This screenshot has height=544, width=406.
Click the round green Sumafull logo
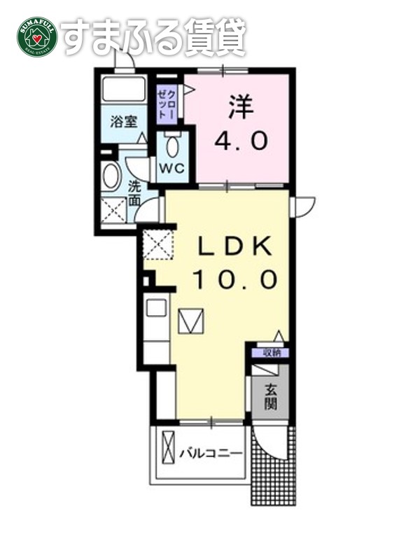click(36, 37)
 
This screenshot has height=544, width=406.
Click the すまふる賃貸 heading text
click(154, 36)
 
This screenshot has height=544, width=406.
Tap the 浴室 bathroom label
click(125, 121)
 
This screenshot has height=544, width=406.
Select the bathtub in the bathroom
click(124, 90)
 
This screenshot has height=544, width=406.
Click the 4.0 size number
click(240, 142)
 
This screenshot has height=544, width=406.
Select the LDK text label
click(234, 247)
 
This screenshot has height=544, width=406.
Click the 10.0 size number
click(234, 280)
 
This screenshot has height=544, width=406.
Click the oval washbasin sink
click(111, 176)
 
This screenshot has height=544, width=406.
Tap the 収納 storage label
click(271, 353)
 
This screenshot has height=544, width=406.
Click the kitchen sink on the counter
click(156, 307)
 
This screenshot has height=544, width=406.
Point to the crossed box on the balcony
click(169, 447)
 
